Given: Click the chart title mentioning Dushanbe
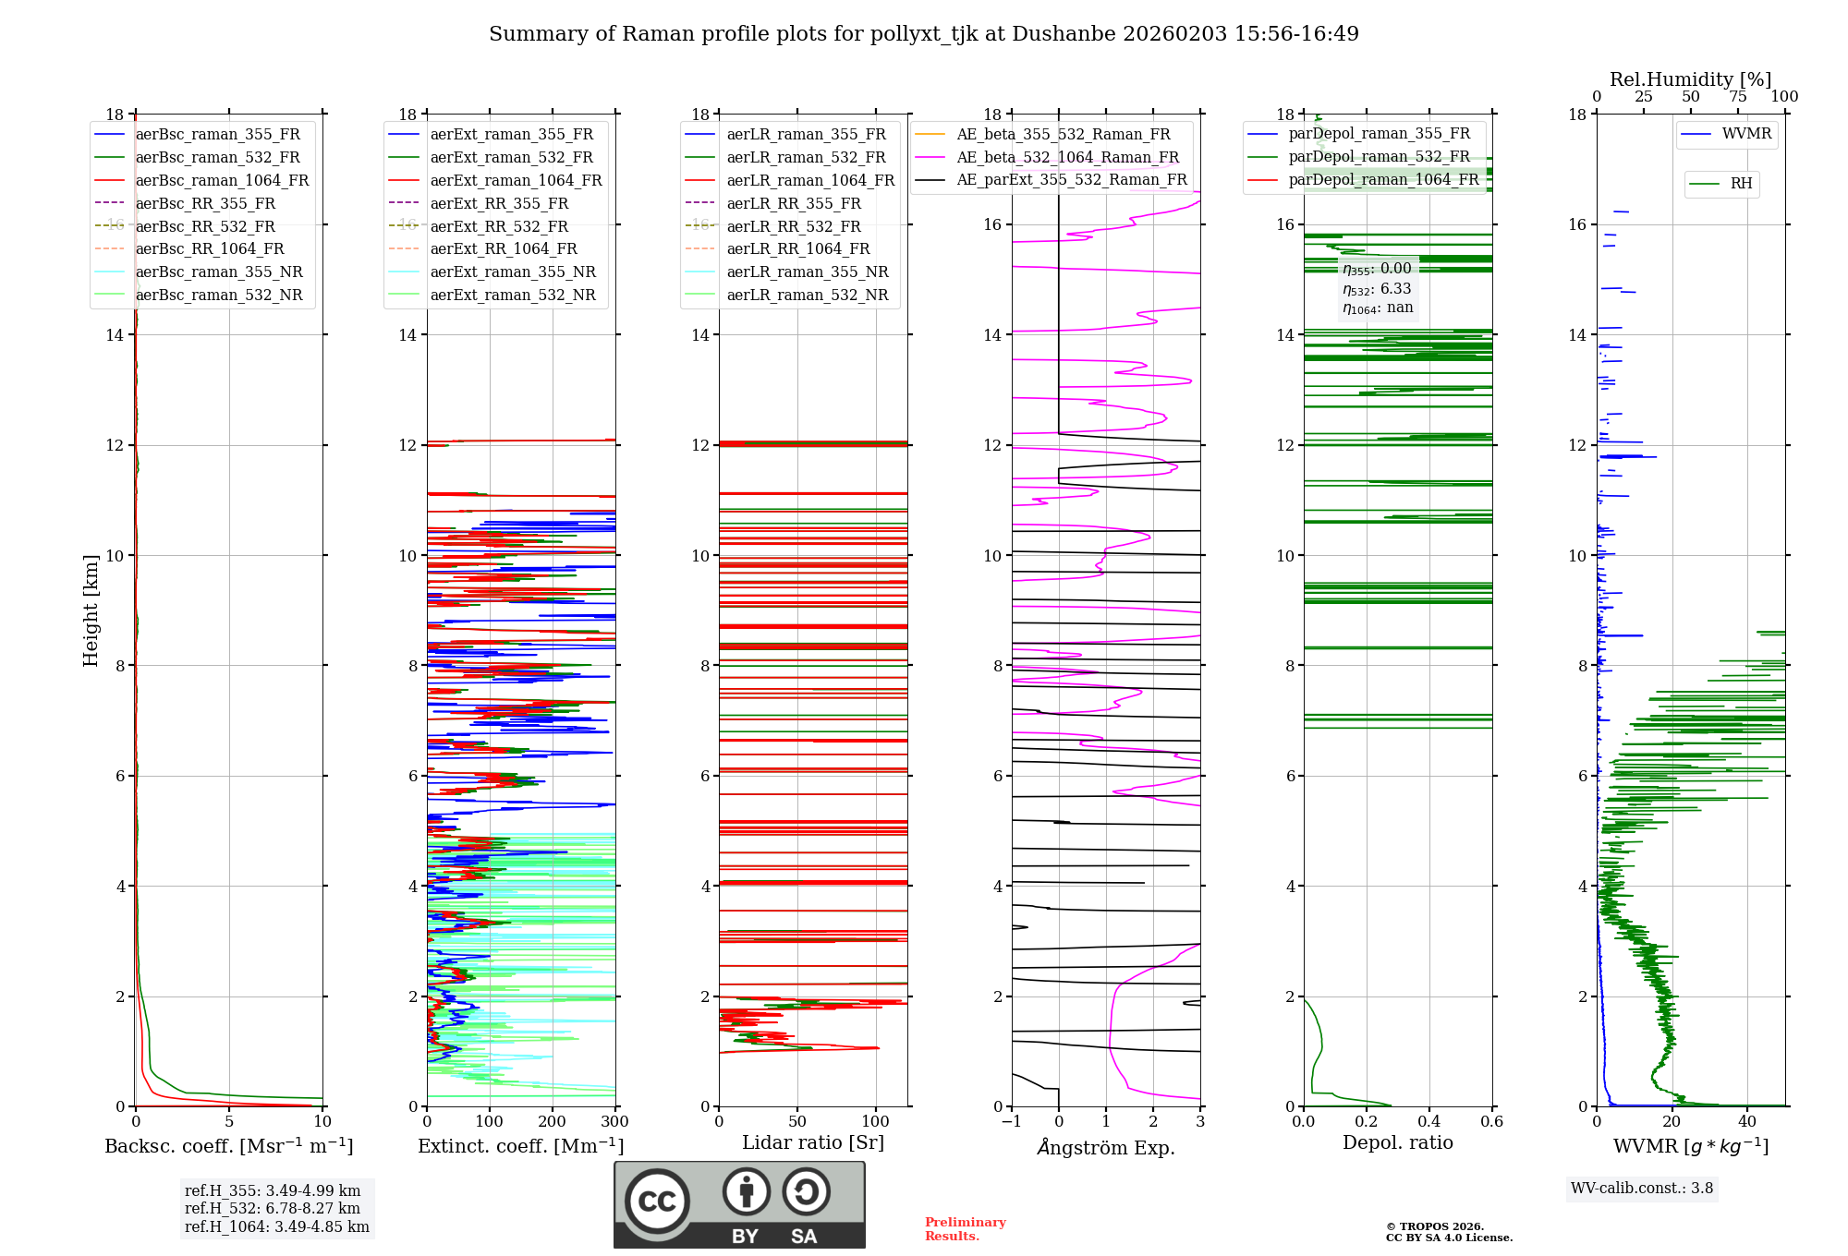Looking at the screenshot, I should tap(923, 34).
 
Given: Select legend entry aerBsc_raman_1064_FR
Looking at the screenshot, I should tap(222, 180).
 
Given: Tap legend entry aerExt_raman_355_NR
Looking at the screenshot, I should tap(513, 272).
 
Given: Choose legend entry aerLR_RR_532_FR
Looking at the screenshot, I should tap(793, 226).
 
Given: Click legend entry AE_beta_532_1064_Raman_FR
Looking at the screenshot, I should tap(1067, 157).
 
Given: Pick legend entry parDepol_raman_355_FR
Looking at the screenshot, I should tap(1379, 134).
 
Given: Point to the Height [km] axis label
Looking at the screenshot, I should tap(91, 610).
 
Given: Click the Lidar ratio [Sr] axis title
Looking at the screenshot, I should tap(813, 1142).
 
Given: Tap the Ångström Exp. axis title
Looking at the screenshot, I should tap(1106, 1147).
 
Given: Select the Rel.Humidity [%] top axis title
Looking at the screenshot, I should tap(1690, 79).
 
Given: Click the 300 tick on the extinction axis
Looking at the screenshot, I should tap(614, 1122).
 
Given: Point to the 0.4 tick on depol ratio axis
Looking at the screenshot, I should tap(1429, 1122).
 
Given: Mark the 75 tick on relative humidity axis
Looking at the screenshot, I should tap(1738, 97).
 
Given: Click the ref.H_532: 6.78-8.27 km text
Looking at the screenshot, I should tap(273, 1208).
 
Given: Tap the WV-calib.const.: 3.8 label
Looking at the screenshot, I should tap(1642, 1189).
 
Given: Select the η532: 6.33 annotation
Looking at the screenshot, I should tap(1377, 289).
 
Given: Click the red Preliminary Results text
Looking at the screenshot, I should tap(965, 1229).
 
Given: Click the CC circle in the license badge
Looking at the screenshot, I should tap(657, 1202).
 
